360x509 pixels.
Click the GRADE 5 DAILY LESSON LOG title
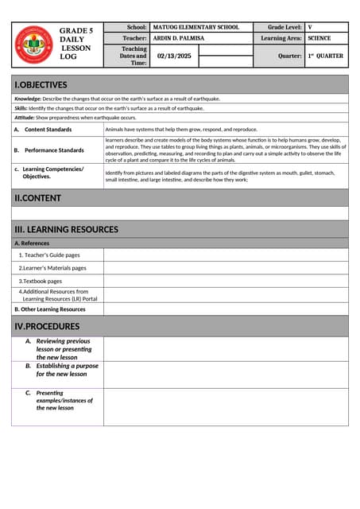(76, 45)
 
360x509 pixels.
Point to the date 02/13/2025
(173, 56)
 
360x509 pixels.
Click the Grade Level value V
(311, 27)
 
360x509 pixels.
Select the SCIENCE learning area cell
(319, 38)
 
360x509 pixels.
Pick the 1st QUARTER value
(326, 56)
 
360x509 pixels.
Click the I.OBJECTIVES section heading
(41, 85)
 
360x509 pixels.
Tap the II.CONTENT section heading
(38, 197)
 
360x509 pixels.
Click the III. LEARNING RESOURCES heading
(67, 229)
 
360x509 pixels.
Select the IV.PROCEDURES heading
(48, 326)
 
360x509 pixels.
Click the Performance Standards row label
(53, 150)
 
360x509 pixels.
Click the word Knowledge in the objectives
(28, 99)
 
